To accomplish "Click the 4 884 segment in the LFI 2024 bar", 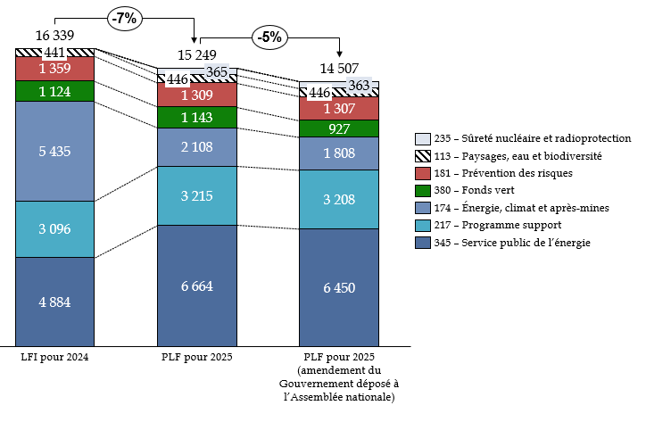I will click(54, 301).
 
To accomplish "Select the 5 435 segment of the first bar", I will click(54, 151).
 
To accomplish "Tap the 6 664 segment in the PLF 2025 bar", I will click(197, 285).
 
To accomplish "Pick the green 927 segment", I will click(339, 128).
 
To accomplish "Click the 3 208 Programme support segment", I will click(339, 199).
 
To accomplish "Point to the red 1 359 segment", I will click(54, 69).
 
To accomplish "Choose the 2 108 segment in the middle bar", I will click(197, 147).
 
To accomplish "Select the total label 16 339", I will click(54, 35).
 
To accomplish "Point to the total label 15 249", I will click(197, 54).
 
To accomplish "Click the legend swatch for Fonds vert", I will click(424, 189).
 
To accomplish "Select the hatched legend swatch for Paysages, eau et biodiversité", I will click(424, 155).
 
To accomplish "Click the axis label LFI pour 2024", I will click(54, 357).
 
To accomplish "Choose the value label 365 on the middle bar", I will click(218, 72).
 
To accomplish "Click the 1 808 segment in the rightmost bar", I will click(339, 153).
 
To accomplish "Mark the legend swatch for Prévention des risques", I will click(424, 172).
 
